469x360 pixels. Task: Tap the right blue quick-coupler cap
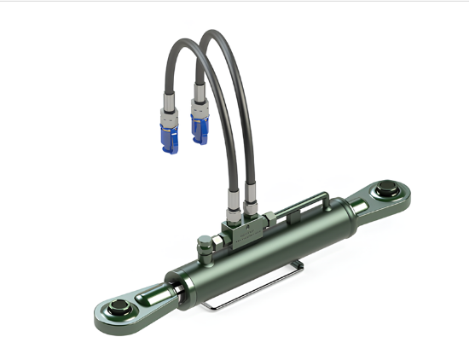200,129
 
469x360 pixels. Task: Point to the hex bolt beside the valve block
204,246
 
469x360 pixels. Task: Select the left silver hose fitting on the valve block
233,207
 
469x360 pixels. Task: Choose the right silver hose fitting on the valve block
252,205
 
